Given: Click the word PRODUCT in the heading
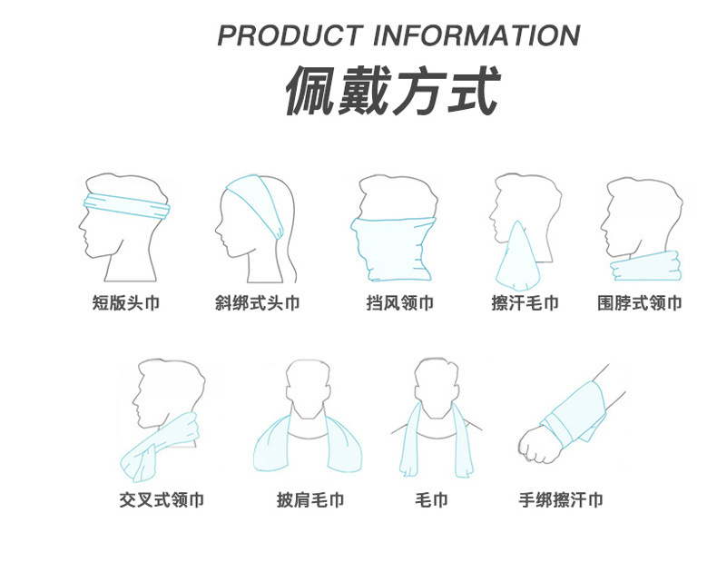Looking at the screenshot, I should click(x=291, y=35).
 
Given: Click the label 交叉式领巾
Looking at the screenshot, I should click(x=161, y=499).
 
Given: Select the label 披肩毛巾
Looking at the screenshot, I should click(x=310, y=499).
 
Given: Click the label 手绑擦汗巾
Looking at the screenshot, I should click(x=560, y=499).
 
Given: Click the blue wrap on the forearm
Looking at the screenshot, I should click(x=572, y=413).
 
